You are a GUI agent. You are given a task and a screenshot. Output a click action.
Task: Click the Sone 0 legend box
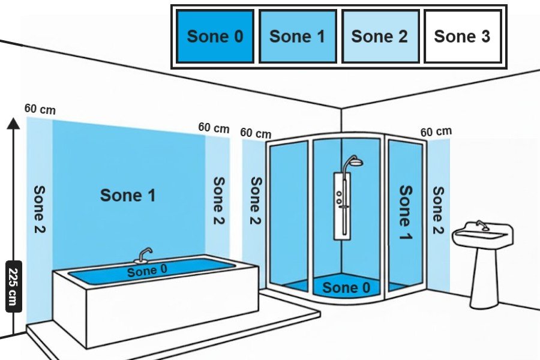click(x=215, y=36)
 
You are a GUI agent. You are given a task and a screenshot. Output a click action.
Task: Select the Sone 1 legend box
click(x=297, y=36)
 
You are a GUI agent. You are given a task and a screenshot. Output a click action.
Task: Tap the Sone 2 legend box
click(x=379, y=36)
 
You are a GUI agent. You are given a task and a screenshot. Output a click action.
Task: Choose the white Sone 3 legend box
click(x=462, y=36)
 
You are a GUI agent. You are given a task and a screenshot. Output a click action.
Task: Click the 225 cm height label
click(x=13, y=286)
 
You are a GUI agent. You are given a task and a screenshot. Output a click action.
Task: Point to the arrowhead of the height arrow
click(x=13, y=123)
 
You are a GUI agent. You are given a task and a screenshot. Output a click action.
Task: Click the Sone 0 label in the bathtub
click(x=147, y=271)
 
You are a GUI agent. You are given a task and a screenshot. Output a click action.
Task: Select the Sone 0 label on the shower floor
click(x=346, y=288)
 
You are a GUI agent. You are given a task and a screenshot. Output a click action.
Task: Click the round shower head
click(x=355, y=161)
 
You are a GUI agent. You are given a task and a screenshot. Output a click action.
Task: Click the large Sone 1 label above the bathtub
click(x=128, y=195)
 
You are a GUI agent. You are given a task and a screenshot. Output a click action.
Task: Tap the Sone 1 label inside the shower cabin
click(x=406, y=212)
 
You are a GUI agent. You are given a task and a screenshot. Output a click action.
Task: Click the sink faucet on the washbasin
click(x=481, y=226)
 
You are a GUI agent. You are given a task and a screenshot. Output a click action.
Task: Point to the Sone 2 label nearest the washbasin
click(x=439, y=211)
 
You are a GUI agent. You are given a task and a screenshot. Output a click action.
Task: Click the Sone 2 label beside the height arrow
click(x=40, y=209)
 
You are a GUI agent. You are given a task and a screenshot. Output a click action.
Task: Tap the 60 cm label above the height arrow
click(x=40, y=109)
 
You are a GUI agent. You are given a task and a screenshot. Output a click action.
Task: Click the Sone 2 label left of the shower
click(x=256, y=201)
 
